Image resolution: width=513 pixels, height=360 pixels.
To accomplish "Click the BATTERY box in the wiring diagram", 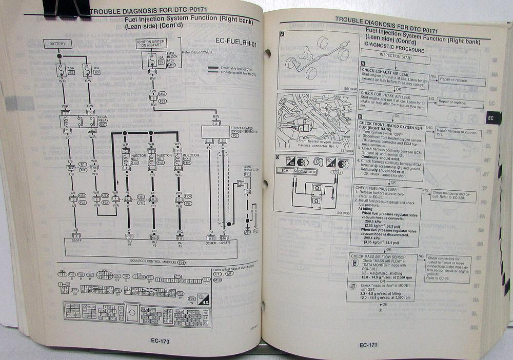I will point(57,45).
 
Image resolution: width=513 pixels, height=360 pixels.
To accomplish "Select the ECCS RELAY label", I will point(102,121).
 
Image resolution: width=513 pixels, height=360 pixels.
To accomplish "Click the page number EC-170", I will point(160,341).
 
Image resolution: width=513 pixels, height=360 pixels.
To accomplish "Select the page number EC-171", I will point(369,345).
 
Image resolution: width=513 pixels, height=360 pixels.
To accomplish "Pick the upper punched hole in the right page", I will point(268,53).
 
